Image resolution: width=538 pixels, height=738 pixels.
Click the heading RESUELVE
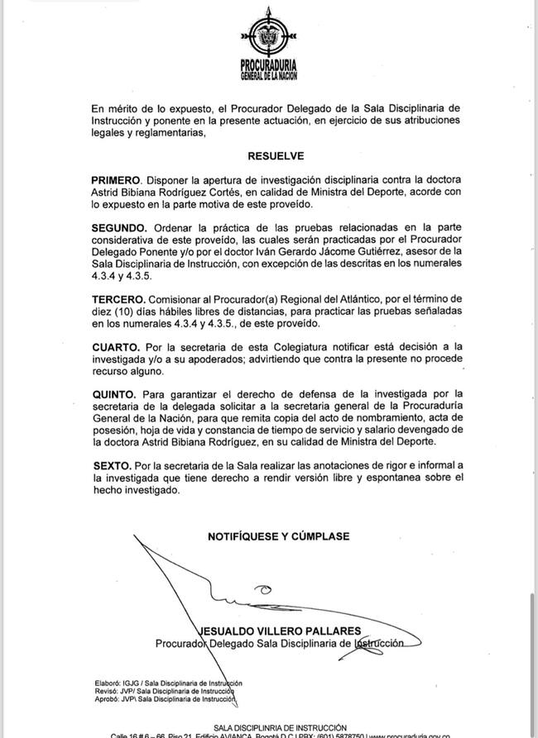click(276, 155)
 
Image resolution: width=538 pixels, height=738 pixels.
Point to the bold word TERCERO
click(119, 298)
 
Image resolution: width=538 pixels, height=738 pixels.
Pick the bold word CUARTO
click(116, 346)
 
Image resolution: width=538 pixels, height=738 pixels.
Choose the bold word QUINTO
click(116, 394)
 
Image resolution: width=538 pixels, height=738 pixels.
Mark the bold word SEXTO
click(112, 467)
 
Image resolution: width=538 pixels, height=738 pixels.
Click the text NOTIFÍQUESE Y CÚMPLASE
click(278, 536)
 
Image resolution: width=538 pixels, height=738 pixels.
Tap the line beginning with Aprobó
click(166, 699)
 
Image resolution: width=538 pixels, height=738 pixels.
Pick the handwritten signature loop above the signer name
click(263, 589)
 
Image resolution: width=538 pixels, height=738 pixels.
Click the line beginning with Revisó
click(165, 691)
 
